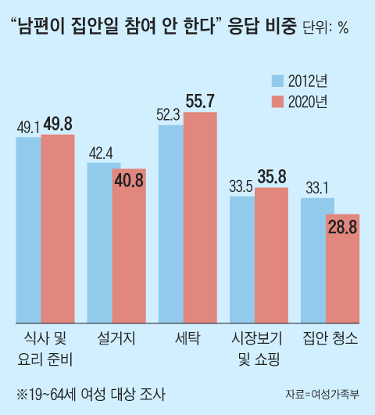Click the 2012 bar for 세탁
point(170,223)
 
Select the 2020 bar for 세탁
point(200,217)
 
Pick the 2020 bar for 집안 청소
point(342,268)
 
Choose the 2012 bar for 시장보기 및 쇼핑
point(241,259)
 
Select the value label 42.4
point(98,152)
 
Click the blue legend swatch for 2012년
point(277,80)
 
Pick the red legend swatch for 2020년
point(277,101)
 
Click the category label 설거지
point(116,338)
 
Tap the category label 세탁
point(188,338)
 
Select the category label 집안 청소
point(330,338)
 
